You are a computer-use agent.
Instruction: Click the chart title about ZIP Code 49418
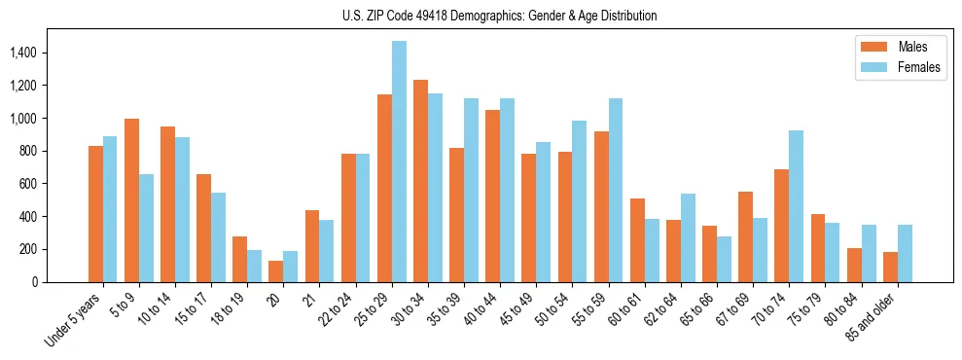coord(500,16)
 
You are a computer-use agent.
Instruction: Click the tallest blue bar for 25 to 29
coord(399,162)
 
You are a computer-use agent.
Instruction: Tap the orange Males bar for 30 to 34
coord(420,181)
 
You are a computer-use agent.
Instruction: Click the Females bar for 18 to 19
coord(255,266)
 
